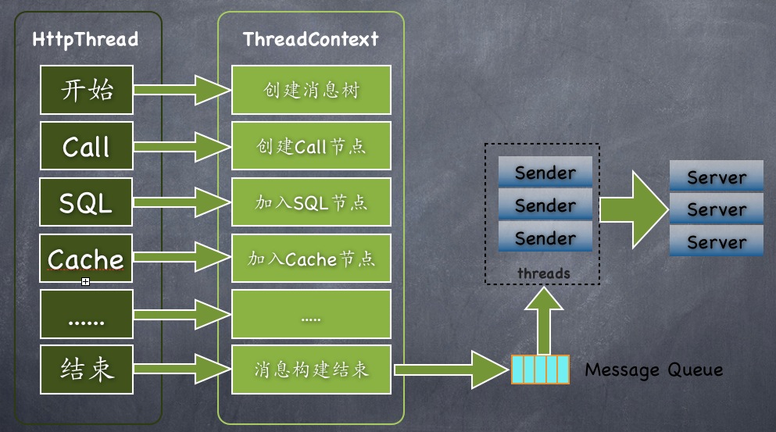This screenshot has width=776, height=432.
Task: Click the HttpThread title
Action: [85, 39]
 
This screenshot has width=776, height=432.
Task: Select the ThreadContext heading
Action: [311, 39]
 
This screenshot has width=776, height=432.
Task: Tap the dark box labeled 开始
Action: [87, 90]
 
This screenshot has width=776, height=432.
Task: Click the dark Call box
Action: [87, 146]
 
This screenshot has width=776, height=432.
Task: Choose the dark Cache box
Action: [87, 259]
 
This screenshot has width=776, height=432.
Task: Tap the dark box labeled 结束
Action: [87, 369]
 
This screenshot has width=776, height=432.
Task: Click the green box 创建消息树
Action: [311, 91]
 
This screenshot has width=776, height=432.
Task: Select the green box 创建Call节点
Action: [311, 146]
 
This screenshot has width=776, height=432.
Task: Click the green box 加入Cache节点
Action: [311, 259]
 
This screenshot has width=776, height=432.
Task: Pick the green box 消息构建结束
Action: [311, 370]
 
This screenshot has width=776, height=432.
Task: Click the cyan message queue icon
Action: [538, 370]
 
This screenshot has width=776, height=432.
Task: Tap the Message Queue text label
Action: [653, 370]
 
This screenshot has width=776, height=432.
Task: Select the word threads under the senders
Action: [543, 273]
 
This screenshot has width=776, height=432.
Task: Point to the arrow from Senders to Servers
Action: [633, 208]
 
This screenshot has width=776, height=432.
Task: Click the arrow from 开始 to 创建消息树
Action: [183, 91]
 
